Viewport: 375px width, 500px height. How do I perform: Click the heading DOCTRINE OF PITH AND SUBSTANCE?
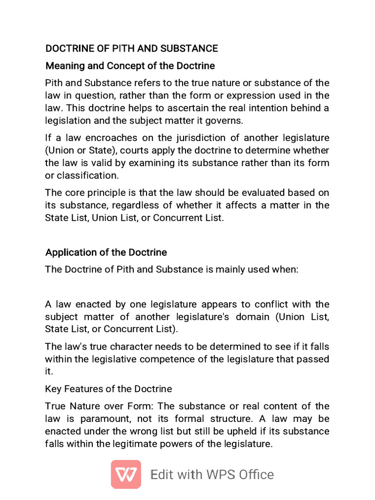pyautogui.click(x=131, y=48)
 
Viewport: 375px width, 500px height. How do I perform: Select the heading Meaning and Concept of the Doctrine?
pyautogui.click(x=130, y=65)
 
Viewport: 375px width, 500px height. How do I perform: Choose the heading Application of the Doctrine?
pyautogui.click(x=106, y=252)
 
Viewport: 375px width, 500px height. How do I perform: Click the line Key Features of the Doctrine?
pyautogui.click(x=108, y=389)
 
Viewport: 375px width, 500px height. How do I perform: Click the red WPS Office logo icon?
pyautogui.click(x=126, y=474)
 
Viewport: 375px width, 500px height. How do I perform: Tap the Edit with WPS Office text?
pyautogui.click(x=212, y=475)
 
